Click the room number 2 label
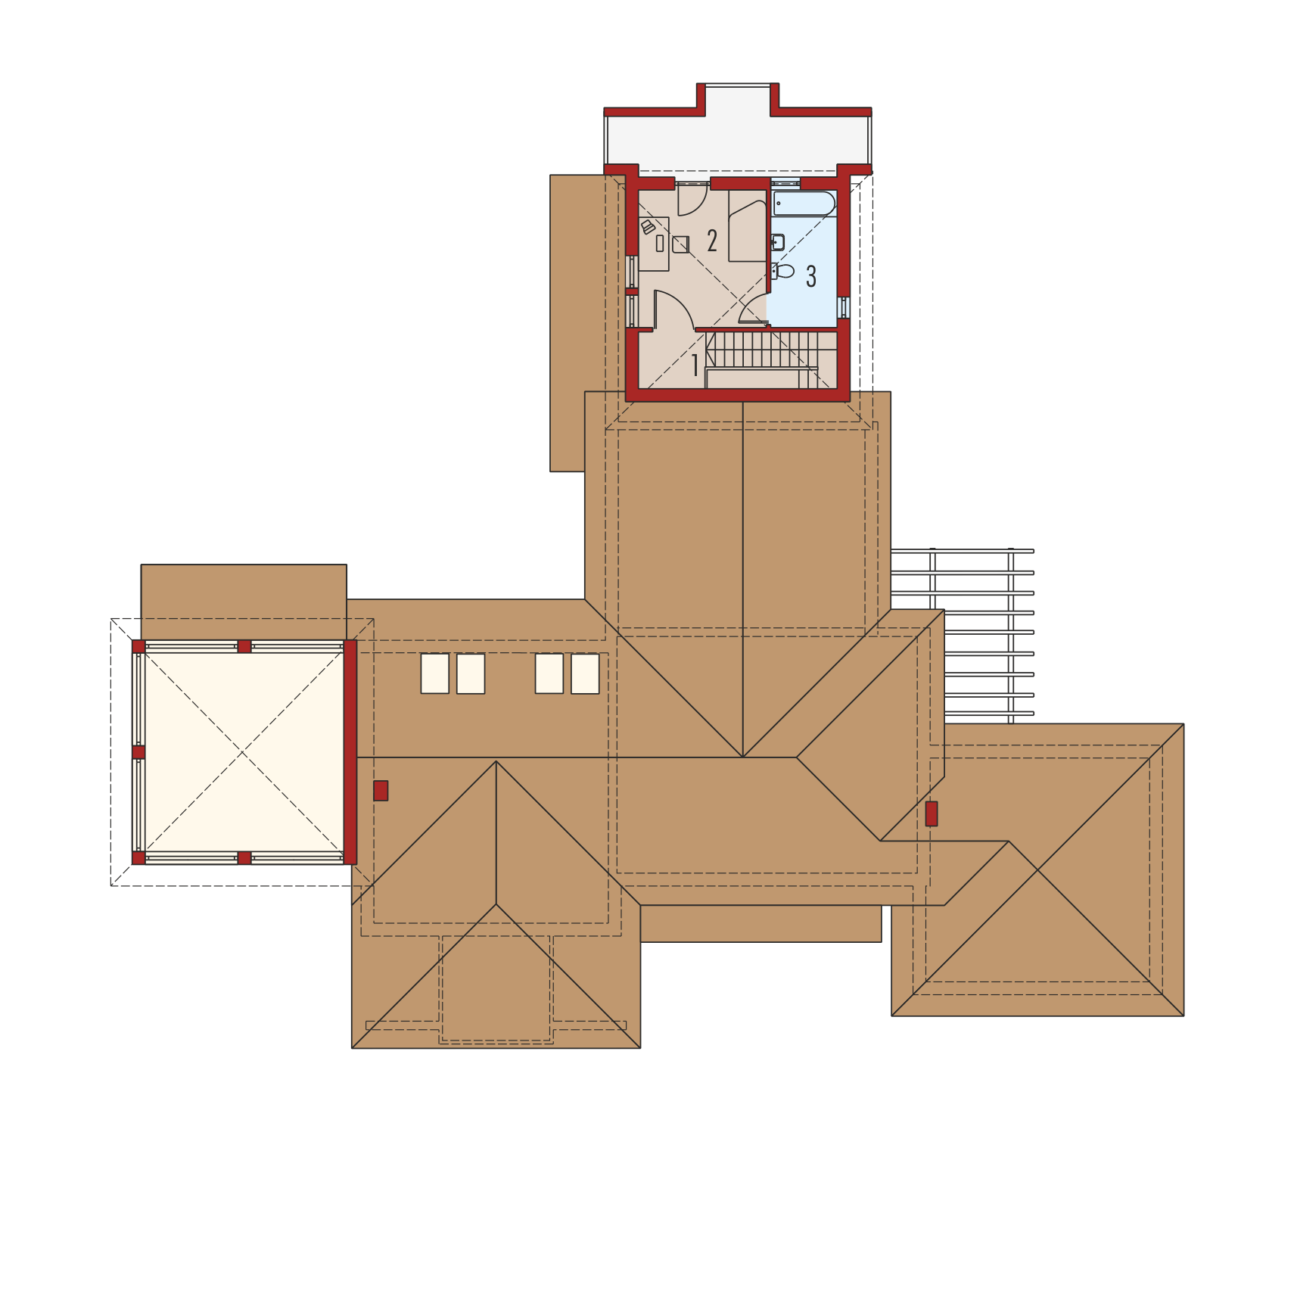coord(712,241)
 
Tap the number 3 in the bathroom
coord(811,276)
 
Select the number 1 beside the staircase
coord(695,365)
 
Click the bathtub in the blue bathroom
coord(804,204)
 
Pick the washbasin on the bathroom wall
coord(777,242)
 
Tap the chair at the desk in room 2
coord(680,244)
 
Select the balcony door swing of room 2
coord(692,200)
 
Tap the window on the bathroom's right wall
coord(844,307)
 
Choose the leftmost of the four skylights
coord(435,673)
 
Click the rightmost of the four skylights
coord(585,673)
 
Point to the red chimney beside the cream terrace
coord(381,791)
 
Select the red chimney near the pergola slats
coord(932,813)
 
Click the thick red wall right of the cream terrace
coord(350,752)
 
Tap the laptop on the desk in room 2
coord(648,227)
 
